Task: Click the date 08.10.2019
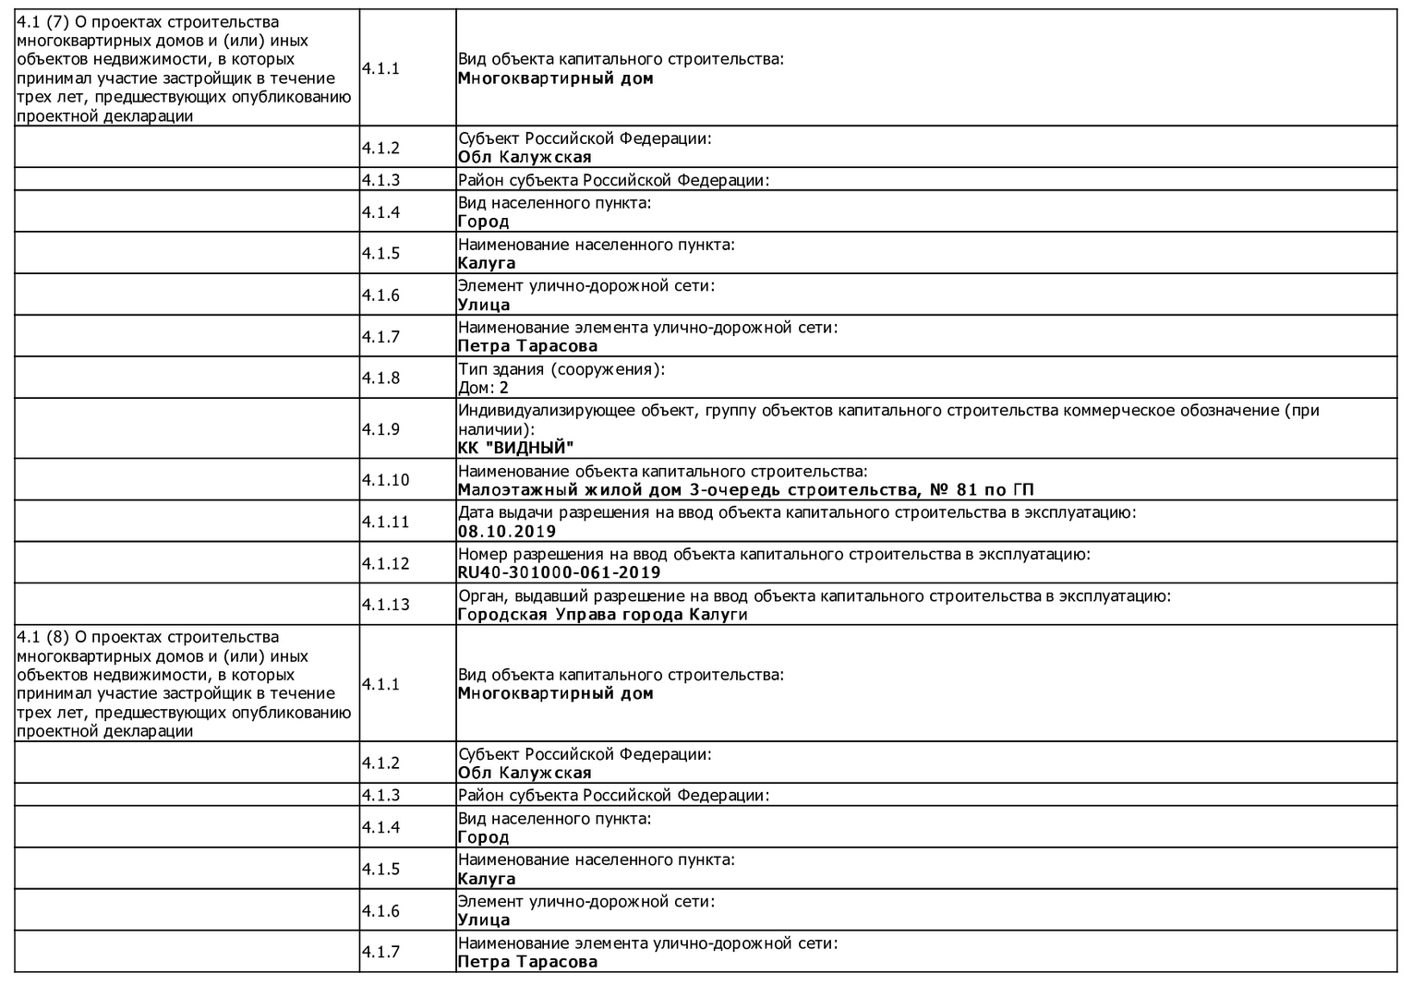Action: click(x=507, y=532)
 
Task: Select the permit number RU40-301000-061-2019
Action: click(x=559, y=573)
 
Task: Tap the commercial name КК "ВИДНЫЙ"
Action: click(x=515, y=449)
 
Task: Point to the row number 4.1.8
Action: click(x=380, y=378)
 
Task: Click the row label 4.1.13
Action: click(x=385, y=605)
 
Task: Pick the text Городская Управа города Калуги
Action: click(x=602, y=615)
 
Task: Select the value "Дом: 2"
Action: click(x=484, y=388)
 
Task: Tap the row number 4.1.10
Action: click(x=385, y=480)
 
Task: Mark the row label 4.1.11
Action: click(x=385, y=523)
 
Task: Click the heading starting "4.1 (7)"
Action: click(x=184, y=69)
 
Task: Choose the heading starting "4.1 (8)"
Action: click(x=184, y=684)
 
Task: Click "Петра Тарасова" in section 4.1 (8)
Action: click(x=527, y=962)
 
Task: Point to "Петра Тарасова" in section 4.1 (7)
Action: click(x=527, y=347)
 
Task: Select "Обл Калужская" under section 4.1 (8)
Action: click(x=525, y=774)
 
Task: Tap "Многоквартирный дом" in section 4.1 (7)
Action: click(x=555, y=79)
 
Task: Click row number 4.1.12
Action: click(x=385, y=564)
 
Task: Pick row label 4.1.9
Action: click(x=380, y=429)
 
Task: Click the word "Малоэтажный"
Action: click(x=513, y=490)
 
